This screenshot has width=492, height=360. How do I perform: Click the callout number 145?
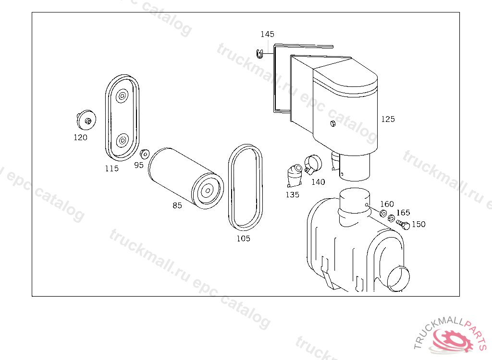[267, 34]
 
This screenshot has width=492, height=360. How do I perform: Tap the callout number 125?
[388, 119]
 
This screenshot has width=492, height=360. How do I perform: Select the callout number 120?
[80, 137]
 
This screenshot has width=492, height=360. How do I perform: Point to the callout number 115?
[111, 168]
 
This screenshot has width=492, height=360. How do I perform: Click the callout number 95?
[139, 165]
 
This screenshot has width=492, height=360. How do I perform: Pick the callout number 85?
[177, 205]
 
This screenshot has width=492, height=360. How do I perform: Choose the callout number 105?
[244, 239]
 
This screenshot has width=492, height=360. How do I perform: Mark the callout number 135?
[293, 195]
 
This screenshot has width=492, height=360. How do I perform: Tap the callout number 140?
[318, 182]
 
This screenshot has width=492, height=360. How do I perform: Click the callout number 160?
[387, 204]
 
